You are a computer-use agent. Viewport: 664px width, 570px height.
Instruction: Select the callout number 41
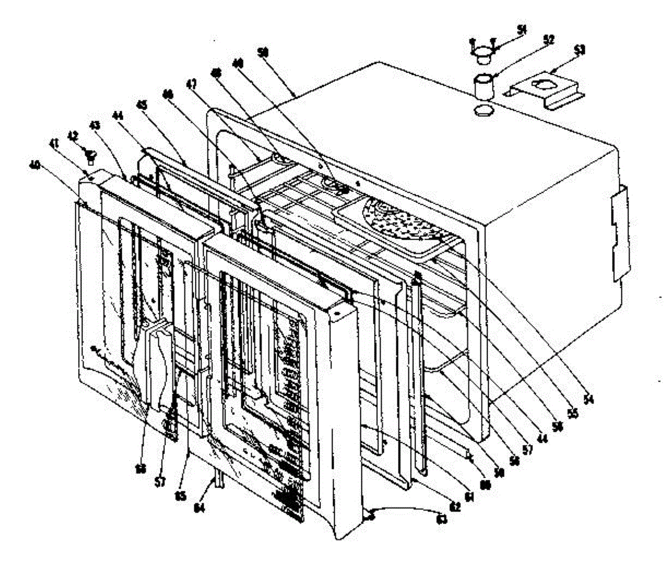coord(54,144)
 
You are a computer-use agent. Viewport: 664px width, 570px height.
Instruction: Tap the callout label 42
coord(72,135)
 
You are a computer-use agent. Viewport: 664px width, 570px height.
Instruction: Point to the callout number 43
coord(95,126)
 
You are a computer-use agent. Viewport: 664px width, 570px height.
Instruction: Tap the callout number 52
coord(533,40)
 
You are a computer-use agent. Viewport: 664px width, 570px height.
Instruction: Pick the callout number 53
coord(579,50)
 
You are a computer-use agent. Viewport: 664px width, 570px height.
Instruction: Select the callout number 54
coord(588,398)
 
